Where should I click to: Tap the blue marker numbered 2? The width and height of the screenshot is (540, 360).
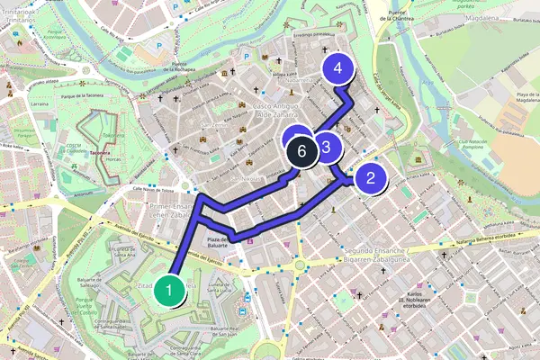click(370, 178)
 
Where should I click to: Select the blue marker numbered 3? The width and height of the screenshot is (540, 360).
click(326, 147)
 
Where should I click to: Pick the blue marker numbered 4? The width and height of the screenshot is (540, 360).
click(337, 68)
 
